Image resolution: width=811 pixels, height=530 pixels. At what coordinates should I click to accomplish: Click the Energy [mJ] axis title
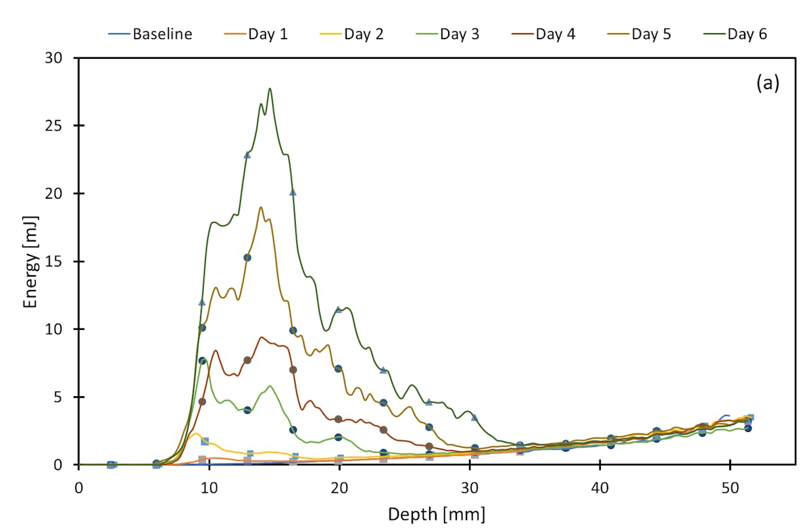30,262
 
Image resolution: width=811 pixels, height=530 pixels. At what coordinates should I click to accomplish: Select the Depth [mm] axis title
436,514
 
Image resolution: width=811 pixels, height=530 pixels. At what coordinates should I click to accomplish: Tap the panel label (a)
767,83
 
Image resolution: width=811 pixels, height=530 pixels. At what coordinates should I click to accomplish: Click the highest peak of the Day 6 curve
270,89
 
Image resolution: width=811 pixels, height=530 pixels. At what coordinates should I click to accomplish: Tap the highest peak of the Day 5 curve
261,208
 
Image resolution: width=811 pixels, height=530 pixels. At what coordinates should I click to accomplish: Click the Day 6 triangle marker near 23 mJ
247,155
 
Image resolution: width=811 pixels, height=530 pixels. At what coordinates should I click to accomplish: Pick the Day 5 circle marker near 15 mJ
247,258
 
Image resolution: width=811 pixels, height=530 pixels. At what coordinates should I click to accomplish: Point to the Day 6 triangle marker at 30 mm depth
474,417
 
